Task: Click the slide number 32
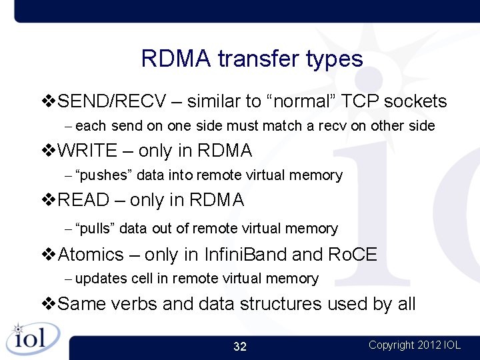[x=240, y=347]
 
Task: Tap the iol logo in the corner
[x=32, y=338]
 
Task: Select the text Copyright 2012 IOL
[x=414, y=345]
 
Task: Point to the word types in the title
[x=334, y=60]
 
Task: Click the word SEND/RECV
[x=112, y=101]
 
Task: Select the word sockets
[x=415, y=101]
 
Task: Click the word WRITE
[x=88, y=151]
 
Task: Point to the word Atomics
[x=91, y=255]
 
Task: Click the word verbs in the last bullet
[x=134, y=304]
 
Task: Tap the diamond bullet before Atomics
[x=49, y=255]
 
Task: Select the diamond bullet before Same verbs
[x=49, y=304]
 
